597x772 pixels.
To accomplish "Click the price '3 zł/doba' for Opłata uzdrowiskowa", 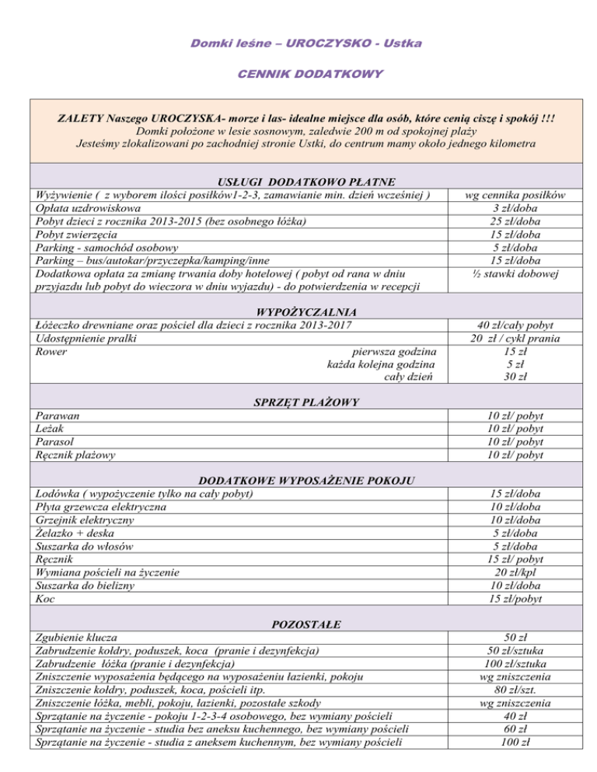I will tap(523, 209).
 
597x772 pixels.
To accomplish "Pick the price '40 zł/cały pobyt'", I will tap(523, 326).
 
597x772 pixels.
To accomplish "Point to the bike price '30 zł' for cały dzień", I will tap(523, 378).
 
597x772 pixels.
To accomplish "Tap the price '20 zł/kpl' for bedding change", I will tap(523, 573).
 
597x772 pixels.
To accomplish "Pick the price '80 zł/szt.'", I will tap(523, 690).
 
